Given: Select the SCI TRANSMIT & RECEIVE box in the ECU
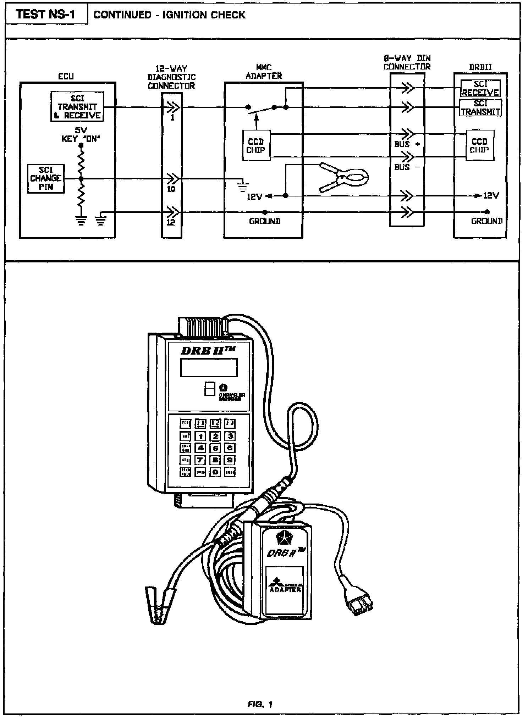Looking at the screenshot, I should pos(77,107).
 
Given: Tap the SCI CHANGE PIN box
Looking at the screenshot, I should pos(46,178).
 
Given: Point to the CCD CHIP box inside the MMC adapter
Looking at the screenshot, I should pos(256,146).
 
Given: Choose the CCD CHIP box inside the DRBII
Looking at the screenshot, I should pos(479,146).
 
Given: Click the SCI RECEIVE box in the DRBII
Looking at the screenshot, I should pos(480,88).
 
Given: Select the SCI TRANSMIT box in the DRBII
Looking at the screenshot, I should pos(480,107).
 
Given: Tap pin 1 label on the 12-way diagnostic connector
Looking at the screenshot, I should pos(172,117).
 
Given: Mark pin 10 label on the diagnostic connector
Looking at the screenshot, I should pos(171,189).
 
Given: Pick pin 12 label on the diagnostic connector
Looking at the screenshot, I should pos(171,222).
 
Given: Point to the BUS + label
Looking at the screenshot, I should pos(407,144).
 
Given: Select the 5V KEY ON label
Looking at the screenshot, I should pos(81,135).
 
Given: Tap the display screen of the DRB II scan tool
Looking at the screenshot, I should pos(209,367).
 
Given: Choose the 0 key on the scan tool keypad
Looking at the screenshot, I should pos(215,472).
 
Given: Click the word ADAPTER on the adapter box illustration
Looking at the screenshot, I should pos(285,590).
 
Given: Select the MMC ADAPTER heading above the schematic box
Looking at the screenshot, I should pos(264,71).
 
